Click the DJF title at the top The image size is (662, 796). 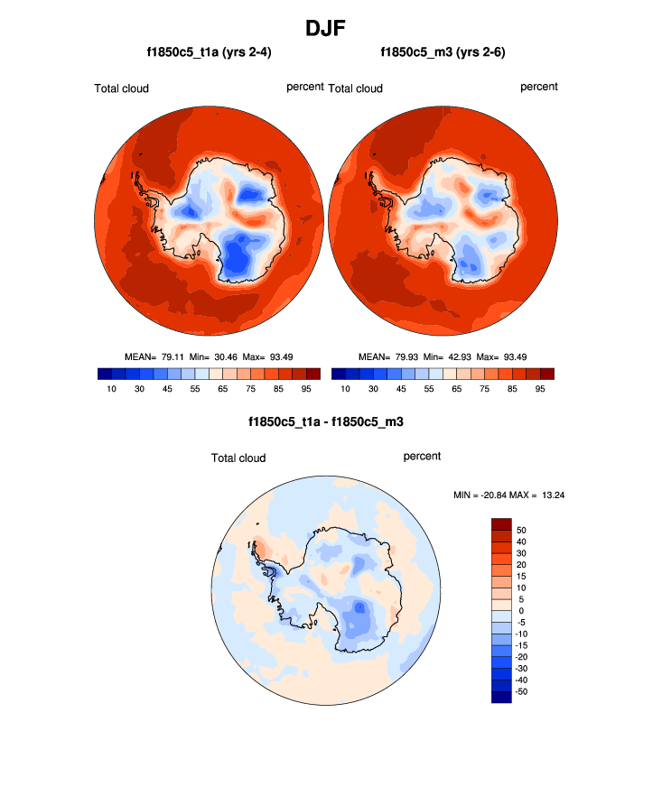330,28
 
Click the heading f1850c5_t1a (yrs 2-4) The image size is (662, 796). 209,53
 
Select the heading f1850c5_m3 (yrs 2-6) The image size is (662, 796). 443,53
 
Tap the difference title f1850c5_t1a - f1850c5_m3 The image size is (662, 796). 331,421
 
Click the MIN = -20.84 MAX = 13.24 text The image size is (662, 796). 508,495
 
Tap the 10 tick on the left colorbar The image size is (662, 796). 111,389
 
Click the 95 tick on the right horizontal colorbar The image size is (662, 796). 540,389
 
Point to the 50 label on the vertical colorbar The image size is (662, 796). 521,530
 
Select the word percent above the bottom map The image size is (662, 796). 422,457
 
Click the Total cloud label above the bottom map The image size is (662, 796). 238,458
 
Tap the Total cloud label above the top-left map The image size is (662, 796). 121,88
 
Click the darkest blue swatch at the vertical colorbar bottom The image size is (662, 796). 501,696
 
